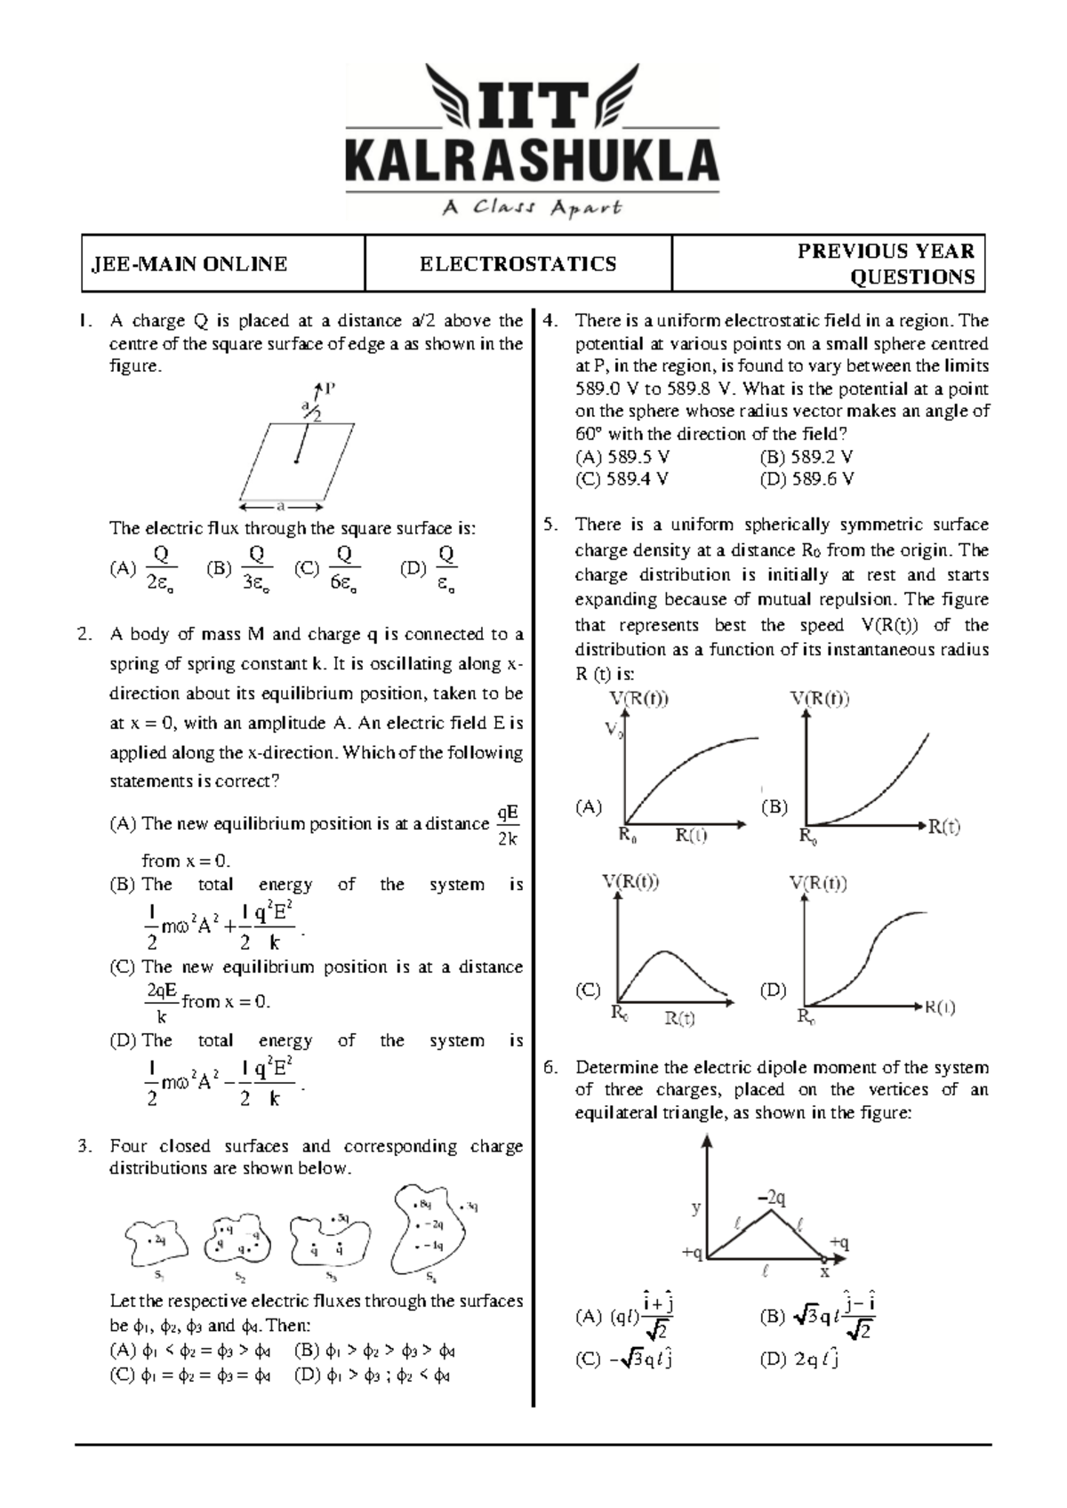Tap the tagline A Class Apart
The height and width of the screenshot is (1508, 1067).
[532, 209]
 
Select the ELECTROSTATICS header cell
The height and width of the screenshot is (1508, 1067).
[517, 264]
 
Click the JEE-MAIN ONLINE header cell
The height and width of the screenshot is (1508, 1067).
[187, 264]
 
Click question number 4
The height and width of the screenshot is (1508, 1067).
[550, 321]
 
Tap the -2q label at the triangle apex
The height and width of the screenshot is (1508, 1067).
[772, 1199]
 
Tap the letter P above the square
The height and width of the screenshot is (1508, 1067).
[330, 389]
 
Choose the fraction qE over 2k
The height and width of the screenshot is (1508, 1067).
[508, 826]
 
